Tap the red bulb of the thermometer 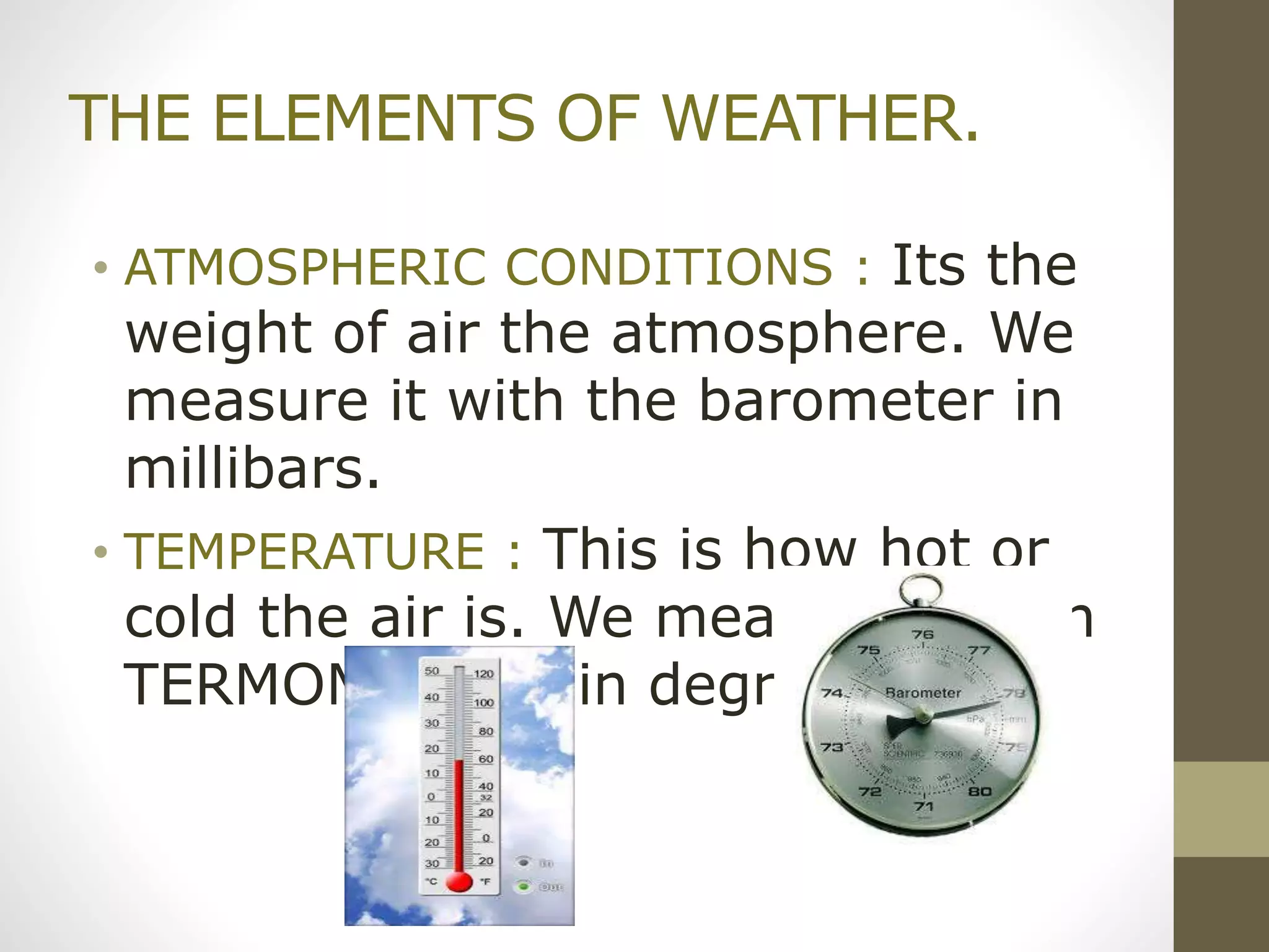click(459, 881)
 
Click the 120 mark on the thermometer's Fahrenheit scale click(484, 674)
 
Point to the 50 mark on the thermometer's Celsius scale click(432, 671)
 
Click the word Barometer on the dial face click(923, 693)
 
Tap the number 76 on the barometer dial click(923, 635)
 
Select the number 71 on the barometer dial click(923, 806)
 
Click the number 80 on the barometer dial click(980, 791)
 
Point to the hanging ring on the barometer click(921, 589)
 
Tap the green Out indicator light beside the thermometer click(524, 886)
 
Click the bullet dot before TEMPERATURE click(101, 551)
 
